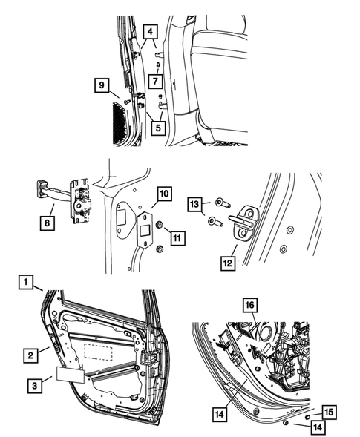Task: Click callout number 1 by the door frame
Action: [26, 282]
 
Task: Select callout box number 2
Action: [31, 357]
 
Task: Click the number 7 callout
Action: [154, 79]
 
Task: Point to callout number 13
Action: [194, 204]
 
